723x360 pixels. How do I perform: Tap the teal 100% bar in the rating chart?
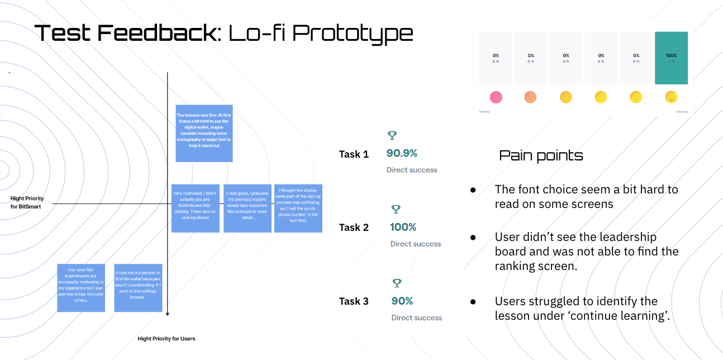tap(671, 58)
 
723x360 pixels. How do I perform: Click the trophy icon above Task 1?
tap(392, 135)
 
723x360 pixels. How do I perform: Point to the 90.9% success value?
tap(402, 153)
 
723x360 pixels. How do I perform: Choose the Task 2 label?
tap(354, 228)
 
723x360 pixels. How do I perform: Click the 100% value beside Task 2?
tap(403, 227)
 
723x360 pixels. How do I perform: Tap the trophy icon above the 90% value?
tap(397, 283)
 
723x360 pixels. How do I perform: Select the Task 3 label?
tap(354, 301)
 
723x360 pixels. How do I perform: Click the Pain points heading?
tap(541, 155)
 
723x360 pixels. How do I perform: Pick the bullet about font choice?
tap(586, 197)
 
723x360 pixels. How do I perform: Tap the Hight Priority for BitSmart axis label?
tap(27, 202)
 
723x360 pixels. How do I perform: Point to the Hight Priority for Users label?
tap(167, 339)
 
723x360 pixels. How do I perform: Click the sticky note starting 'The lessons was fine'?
tap(204, 134)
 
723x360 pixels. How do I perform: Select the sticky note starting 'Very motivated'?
tap(195, 208)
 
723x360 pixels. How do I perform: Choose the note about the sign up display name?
tap(298, 208)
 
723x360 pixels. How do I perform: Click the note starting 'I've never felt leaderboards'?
tap(82, 288)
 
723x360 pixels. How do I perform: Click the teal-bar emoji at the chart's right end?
tap(671, 97)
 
